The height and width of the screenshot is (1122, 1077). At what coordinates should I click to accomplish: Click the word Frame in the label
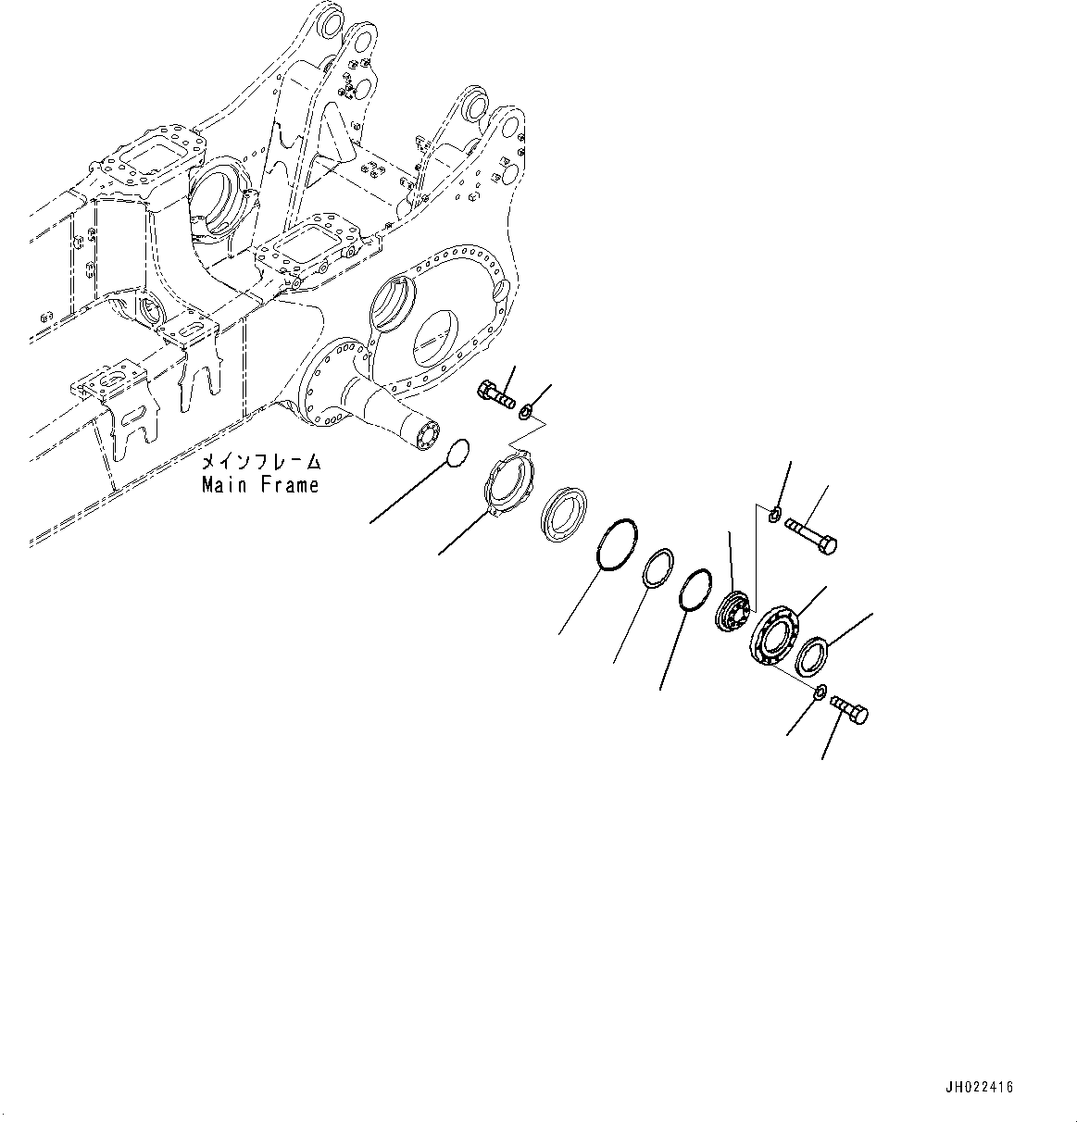pyautogui.click(x=288, y=484)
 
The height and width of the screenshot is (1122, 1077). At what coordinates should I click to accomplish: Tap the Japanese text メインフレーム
pyautogui.click(x=261, y=461)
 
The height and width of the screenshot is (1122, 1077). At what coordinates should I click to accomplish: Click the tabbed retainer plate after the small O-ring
pyautogui.click(x=509, y=480)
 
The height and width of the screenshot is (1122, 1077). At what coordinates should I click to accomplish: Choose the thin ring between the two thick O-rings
pyautogui.click(x=658, y=567)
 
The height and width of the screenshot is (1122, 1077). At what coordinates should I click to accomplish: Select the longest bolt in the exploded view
pyautogui.click(x=811, y=536)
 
